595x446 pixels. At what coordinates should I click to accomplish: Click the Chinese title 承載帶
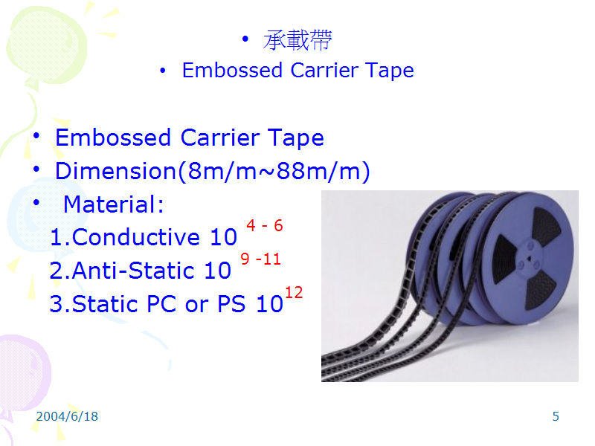[297, 40]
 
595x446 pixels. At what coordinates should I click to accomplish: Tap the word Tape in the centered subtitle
[390, 71]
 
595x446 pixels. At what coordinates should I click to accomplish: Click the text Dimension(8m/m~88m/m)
[212, 172]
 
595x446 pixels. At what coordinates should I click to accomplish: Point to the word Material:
[113, 204]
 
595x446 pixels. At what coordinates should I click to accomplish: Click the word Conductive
[136, 237]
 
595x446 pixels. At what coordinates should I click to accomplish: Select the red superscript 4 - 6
[265, 226]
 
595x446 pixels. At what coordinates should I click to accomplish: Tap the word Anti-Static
[135, 271]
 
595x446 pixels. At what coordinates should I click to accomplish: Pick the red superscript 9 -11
[260, 259]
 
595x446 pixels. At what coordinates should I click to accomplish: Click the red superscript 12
[294, 293]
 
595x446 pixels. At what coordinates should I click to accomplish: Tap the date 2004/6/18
[67, 416]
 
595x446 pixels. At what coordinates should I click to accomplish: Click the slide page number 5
[556, 416]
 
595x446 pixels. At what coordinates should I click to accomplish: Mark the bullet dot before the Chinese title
[246, 39]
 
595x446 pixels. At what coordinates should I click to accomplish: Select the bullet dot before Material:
[37, 203]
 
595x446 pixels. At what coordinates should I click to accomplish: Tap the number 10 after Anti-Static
[217, 271]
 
